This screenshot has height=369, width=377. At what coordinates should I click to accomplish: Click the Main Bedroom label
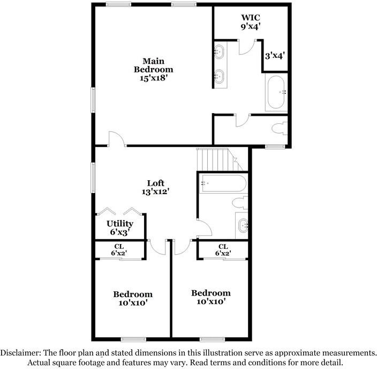click(153, 69)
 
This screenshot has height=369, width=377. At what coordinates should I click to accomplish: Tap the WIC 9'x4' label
click(251, 21)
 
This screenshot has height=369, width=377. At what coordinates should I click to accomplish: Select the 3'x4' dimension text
click(275, 56)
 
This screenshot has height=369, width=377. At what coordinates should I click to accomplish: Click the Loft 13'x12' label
click(155, 187)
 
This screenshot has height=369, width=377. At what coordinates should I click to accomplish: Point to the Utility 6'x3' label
click(120, 227)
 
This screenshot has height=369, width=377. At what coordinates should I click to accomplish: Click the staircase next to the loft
click(220, 160)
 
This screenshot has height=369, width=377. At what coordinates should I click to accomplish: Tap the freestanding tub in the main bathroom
click(276, 92)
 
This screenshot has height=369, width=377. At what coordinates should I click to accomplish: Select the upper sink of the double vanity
click(219, 51)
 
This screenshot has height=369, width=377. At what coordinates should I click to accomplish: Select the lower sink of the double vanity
click(219, 76)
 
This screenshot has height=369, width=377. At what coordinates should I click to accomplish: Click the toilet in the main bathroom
click(280, 128)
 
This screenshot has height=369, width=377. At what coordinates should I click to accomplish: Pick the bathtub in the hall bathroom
click(224, 183)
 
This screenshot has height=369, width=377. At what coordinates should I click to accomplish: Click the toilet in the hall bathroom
click(240, 203)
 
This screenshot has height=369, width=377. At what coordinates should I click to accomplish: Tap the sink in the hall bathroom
click(243, 225)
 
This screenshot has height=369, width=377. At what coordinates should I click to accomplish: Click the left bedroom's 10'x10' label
click(133, 303)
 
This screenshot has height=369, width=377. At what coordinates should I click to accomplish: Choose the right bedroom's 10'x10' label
click(211, 301)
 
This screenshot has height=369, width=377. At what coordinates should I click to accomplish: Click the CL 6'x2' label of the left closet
click(119, 250)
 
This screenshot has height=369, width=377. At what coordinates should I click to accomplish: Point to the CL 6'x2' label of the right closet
click(223, 250)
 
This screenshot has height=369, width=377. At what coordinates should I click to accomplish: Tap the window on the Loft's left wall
click(93, 178)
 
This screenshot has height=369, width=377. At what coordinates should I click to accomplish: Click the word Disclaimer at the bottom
click(20, 353)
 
